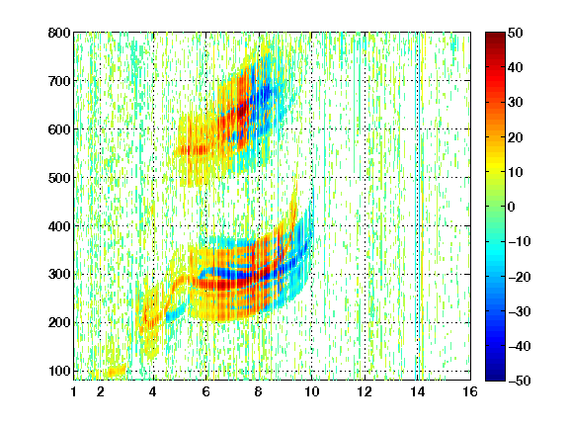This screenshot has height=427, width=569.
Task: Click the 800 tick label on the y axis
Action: (x=59, y=33)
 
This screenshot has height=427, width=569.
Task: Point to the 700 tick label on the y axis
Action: (x=59, y=81)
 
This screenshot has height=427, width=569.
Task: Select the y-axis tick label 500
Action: (x=59, y=178)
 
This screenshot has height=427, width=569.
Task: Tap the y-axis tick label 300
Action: (x=59, y=275)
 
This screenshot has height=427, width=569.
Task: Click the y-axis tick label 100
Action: (x=60, y=371)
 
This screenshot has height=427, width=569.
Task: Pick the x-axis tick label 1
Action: (x=74, y=391)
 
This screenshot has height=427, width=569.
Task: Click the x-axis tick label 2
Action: (x=100, y=391)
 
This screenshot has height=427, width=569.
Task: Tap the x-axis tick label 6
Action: (x=206, y=391)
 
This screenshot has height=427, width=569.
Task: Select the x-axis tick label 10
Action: (x=311, y=391)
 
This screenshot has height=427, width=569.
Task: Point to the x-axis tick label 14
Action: (x=418, y=391)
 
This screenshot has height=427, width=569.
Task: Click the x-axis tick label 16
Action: (x=470, y=391)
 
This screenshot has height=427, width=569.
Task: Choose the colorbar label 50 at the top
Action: (x=515, y=33)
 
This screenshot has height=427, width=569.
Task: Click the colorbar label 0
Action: (x=512, y=207)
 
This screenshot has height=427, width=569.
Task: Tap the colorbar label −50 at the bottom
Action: (x=520, y=381)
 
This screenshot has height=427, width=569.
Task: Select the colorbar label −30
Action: (x=520, y=311)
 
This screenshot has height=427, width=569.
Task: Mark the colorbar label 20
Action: (x=515, y=137)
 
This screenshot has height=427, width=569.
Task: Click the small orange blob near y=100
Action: (x=115, y=371)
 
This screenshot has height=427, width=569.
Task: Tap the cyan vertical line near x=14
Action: (x=416, y=207)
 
